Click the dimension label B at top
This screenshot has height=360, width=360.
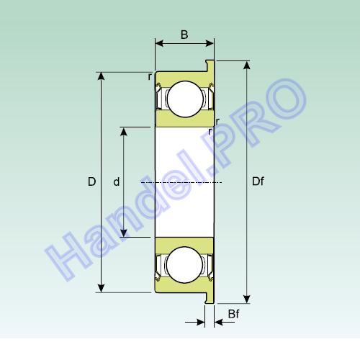[184, 35]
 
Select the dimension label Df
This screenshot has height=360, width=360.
[258, 181]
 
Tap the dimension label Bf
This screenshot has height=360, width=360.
[233, 314]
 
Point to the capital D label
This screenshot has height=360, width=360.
[92, 181]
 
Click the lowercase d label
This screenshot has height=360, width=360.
[117, 181]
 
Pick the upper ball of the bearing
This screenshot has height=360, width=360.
[185, 99]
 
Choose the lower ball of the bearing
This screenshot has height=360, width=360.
[184, 265]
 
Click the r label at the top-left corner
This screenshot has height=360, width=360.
[150, 77]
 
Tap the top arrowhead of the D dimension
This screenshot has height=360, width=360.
[102, 76]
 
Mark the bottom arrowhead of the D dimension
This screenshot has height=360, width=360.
[102, 289]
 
